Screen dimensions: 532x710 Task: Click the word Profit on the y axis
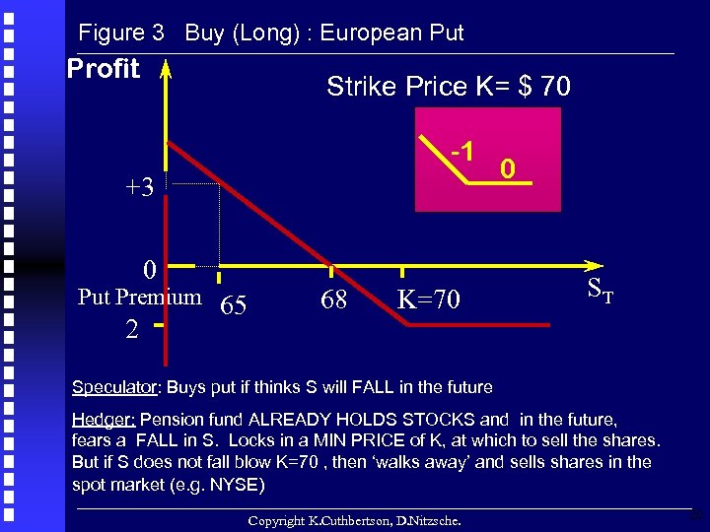tap(104, 69)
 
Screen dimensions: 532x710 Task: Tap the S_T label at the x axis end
tap(601, 290)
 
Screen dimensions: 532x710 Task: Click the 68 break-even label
tap(333, 299)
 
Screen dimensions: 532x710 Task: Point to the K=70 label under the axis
tap(428, 299)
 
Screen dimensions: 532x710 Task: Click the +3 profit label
tap(139, 187)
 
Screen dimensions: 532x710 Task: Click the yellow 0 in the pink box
tap(506, 169)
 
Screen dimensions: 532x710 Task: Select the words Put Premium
tap(139, 297)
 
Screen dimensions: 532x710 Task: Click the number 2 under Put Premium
tap(131, 330)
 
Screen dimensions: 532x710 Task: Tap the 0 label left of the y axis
tap(148, 269)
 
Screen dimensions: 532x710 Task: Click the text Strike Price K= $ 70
tap(448, 87)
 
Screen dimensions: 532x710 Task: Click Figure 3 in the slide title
tap(120, 33)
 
